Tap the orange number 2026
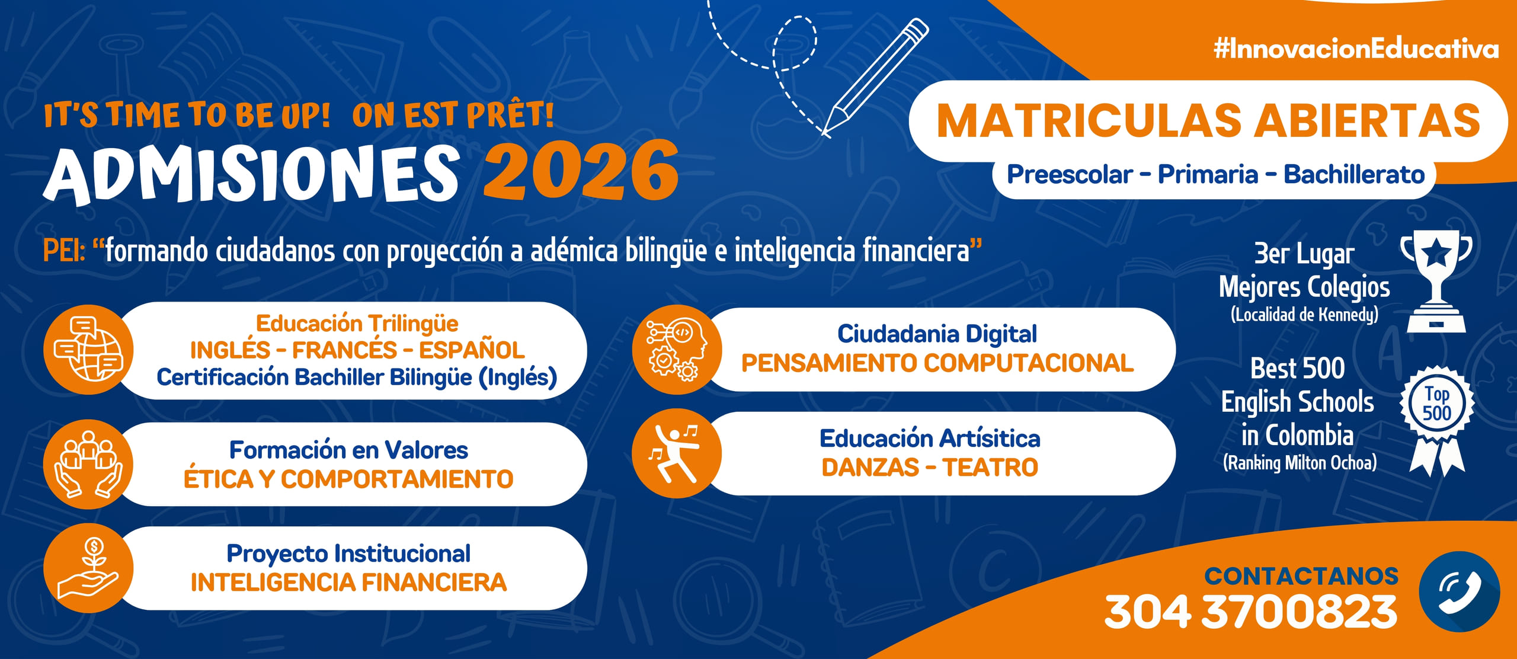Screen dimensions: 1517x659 (x=581, y=171)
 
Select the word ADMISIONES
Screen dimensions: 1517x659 (x=251, y=174)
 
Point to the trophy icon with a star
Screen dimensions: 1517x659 (x=1436, y=281)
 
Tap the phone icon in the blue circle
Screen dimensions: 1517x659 (x=1460, y=591)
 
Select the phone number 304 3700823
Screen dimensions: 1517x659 (x=1251, y=612)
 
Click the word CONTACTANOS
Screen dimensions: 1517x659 (x=1301, y=576)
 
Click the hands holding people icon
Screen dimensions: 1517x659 (x=88, y=464)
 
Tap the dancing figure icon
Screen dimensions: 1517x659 (x=676, y=453)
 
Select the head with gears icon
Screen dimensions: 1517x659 (x=676, y=350)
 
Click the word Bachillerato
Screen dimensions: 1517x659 (x=1354, y=175)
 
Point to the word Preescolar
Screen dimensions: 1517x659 (x=1070, y=175)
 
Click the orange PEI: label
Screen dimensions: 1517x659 (x=64, y=251)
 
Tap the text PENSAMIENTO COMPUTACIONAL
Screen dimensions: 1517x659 (x=937, y=363)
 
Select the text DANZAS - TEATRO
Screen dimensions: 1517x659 (x=930, y=468)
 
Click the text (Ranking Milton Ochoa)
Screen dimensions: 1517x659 (x=1300, y=462)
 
